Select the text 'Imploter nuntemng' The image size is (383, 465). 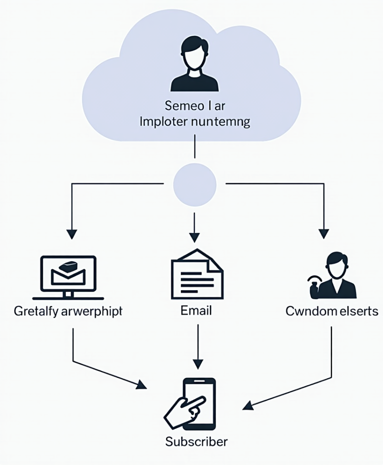pyautogui.click(x=195, y=122)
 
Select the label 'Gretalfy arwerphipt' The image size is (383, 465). pyautogui.click(x=68, y=312)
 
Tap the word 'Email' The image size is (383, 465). pyautogui.click(x=196, y=312)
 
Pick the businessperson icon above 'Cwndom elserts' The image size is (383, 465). pyautogui.click(x=334, y=277)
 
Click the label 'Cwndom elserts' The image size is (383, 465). pyautogui.click(x=332, y=312)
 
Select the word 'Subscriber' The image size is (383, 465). pyautogui.click(x=196, y=441)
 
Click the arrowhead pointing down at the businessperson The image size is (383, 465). pyautogui.click(x=323, y=234)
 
